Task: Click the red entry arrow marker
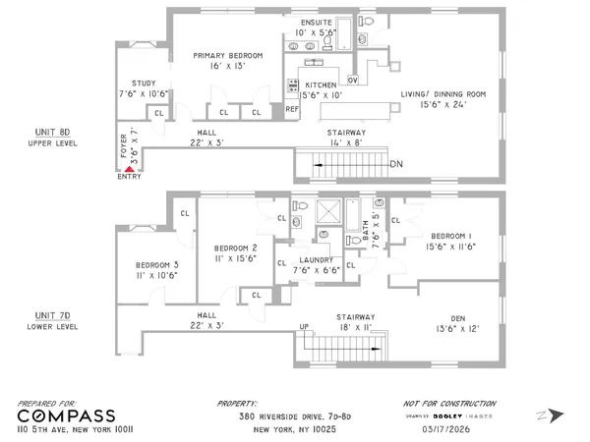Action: click(x=128, y=170)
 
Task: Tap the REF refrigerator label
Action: click(x=292, y=109)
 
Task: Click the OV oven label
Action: click(x=353, y=80)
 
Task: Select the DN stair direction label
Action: click(x=397, y=163)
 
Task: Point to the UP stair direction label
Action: click(x=305, y=326)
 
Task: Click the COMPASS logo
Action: click(x=67, y=415)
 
